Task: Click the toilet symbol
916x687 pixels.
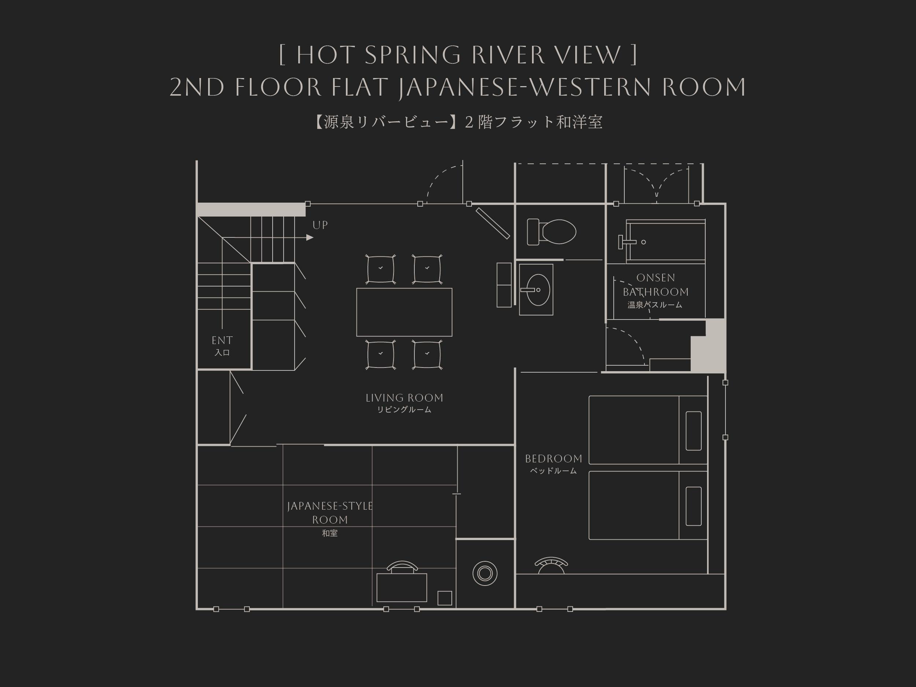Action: coord(551,232)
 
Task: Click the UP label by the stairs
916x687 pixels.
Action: coord(320,225)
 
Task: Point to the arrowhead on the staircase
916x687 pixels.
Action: coord(310,238)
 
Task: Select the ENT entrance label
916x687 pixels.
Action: coord(222,340)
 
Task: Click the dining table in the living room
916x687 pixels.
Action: coord(404,312)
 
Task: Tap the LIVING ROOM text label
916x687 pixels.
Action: coord(404,398)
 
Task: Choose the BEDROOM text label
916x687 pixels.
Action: coord(554,459)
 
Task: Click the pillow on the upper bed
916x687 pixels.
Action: coord(694,431)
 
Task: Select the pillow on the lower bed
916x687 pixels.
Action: coord(694,506)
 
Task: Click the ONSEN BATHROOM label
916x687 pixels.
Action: coord(655,285)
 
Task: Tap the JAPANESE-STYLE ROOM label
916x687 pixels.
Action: coord(330,513)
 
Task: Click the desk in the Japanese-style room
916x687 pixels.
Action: coord(402,587)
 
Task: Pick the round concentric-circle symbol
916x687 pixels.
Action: coord(485,573)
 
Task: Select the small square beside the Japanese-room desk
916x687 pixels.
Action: coord(445,598)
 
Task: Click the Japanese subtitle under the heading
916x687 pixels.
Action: coord(458,122)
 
